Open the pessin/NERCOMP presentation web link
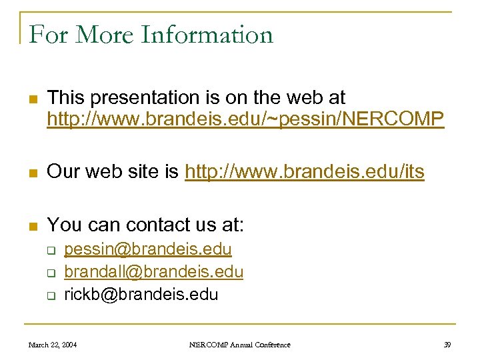245,119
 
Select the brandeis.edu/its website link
304,172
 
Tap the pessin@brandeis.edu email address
148,249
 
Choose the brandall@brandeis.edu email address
153,272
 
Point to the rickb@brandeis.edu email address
141,295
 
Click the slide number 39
447,345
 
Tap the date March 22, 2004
53,345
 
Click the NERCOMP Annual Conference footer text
240,345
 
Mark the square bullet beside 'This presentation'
31,100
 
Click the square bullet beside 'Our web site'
31,173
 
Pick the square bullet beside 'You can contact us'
31,226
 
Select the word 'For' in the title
47,35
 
